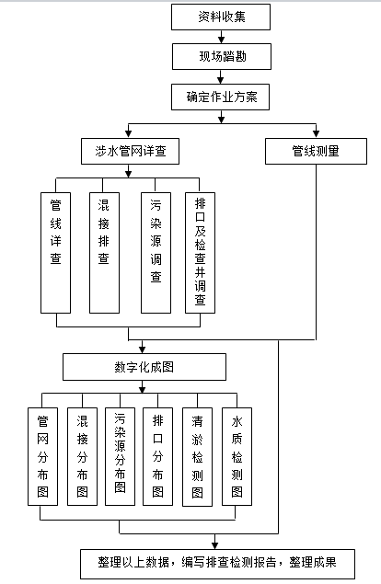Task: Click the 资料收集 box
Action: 221,17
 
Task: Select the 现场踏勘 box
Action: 222,57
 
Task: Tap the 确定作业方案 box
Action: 220,97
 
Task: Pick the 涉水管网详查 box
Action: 130,151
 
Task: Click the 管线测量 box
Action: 316,151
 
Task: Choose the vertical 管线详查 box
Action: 55,253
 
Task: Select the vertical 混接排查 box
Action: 104,253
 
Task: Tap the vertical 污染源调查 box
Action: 156,253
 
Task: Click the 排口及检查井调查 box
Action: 201,253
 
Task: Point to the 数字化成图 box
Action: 144,367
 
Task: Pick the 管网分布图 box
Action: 43,456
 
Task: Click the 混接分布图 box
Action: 83,456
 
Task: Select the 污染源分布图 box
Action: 120,456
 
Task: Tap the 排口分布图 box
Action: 157,456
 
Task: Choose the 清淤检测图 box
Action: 197,457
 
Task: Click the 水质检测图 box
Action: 237,456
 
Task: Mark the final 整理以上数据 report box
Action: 218,564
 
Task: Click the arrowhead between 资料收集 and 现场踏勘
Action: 221,40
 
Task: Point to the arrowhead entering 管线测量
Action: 317,134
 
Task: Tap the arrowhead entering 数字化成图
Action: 142,349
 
